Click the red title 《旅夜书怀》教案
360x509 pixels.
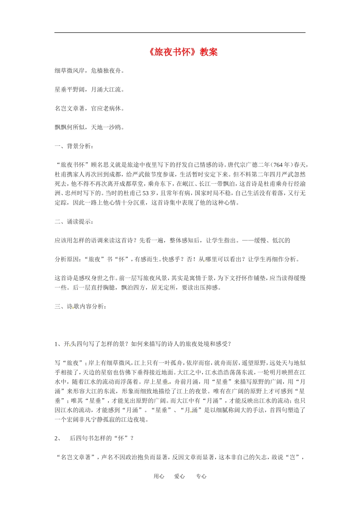(x=183, y=52)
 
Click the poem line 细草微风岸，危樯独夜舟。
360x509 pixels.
(x=89, y=71)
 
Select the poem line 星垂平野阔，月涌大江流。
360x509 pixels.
(x=89, y=90)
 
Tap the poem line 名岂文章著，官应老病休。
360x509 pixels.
(x=89, y=109)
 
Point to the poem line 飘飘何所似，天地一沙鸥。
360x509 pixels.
(x=89, y=128)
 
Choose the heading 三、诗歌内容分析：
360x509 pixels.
(x=80, y=306)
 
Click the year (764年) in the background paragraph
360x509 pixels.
(x=283, y=165)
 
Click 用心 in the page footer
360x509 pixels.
(x=159, y=476)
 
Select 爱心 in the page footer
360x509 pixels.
(x=179, y=476)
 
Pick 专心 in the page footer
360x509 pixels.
(x=201, y=476)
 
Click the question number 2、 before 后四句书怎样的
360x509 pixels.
(x=58, y=438)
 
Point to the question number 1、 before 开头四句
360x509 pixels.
(x=57, y=344)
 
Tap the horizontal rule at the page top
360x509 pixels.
(x=180, y=33)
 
